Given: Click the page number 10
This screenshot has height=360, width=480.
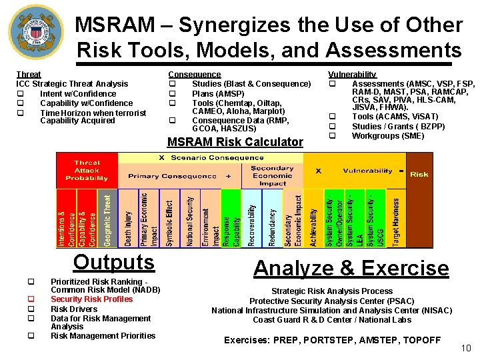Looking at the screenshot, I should coord(465,347).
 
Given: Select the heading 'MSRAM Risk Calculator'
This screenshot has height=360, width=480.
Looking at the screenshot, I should coord(235,142).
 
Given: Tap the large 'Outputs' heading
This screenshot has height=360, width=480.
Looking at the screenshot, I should coord(114,262).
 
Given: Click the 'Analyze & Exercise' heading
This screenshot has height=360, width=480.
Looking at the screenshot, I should coord(351,268).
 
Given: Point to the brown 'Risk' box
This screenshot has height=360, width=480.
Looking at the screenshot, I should coord(419,173).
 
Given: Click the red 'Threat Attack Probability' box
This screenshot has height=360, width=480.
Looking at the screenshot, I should coord(87,171).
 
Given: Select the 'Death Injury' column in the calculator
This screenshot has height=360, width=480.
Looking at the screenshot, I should coord(128,219).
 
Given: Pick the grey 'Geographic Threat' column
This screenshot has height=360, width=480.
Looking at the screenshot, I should coord(108,219).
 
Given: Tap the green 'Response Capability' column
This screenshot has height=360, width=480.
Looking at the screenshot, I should coord(231,219).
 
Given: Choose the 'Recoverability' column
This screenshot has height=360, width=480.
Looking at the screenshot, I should coord(251,219).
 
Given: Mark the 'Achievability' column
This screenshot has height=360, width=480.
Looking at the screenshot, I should coord(314,219).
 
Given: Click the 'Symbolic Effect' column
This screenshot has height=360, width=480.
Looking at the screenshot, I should coord(169,219).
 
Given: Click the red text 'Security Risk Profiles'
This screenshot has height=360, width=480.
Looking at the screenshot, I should coord(92,299).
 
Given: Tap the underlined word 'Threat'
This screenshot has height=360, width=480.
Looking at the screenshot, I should coord(29,74).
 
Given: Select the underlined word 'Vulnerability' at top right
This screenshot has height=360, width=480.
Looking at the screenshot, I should coord(352,74).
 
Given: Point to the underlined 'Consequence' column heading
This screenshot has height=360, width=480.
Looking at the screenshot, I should coord(195,74).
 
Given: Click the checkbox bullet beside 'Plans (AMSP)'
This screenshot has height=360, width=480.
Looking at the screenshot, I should coord(173,93).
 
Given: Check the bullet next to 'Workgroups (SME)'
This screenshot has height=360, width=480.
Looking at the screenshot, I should coord(332,136).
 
